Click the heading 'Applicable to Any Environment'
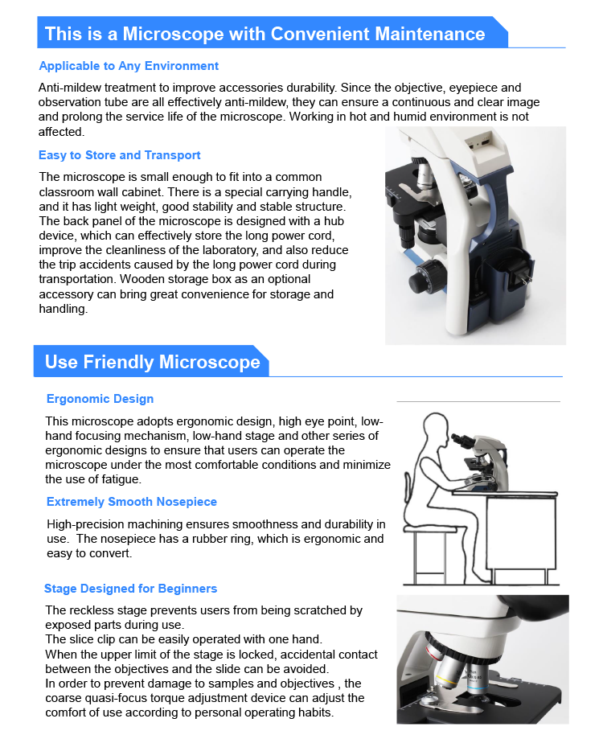tap(129, 66)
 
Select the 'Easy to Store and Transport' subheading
tap(120, 155)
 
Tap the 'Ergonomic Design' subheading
tap(100, 399)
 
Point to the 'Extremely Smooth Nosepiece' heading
tap(132, 502)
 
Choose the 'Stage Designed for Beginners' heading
tap(130, 589)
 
